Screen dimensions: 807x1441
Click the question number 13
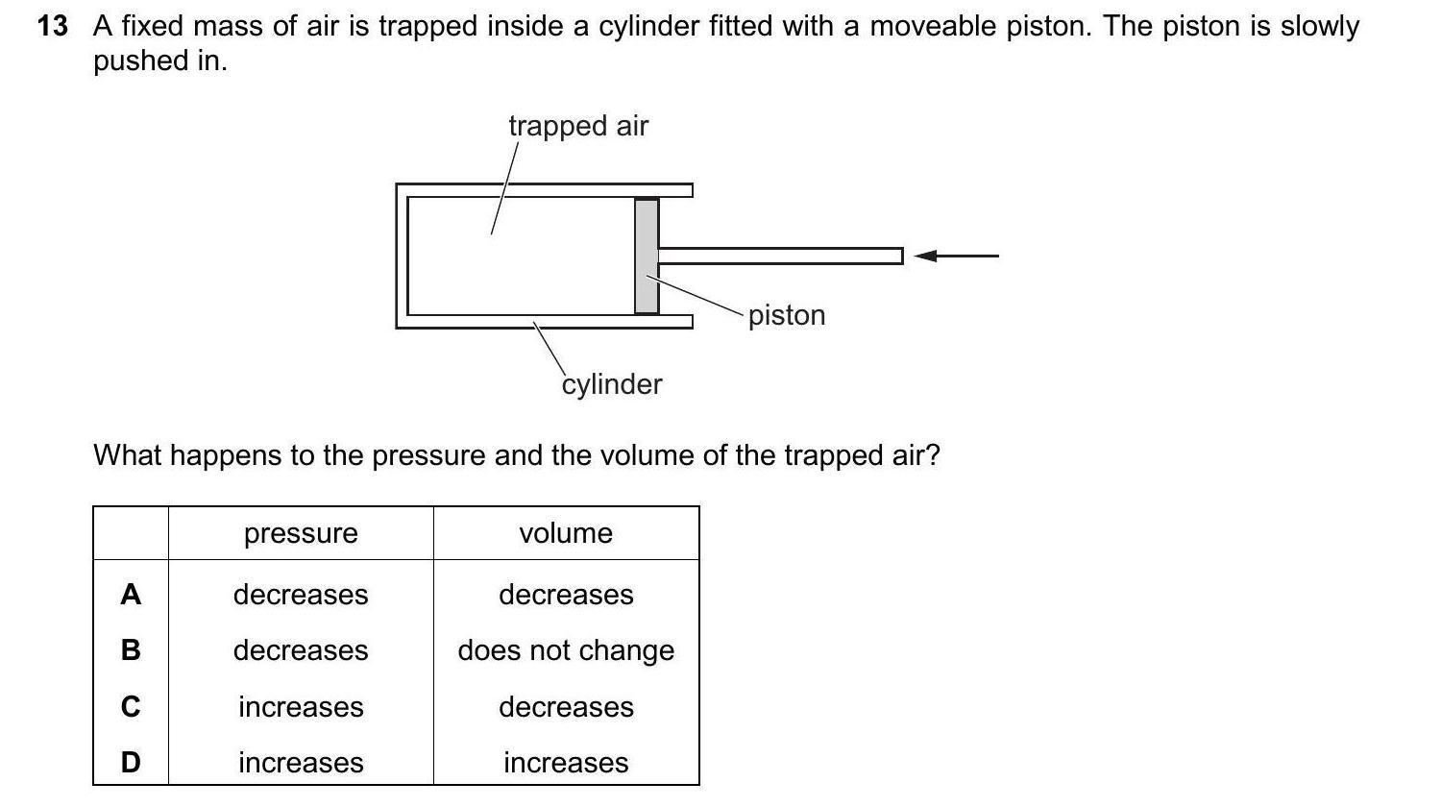(53, 26)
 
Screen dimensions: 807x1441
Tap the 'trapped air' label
(578, 126)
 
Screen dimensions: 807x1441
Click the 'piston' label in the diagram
(787, 315)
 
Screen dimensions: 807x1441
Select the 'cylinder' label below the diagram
(612, 384)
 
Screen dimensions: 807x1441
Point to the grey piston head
(647, 256)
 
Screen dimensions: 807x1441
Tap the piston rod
(779, 256)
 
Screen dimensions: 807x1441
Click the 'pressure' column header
(301, 533)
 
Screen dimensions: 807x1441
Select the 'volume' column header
(566, 533)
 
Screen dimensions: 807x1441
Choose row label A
(131, 595)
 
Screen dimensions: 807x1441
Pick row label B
(131, 650)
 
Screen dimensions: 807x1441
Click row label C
(131, 707)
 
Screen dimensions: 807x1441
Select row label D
(131, 763)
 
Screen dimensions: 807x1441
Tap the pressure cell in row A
(301, 595)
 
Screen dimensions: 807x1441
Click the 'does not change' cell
(566, 650)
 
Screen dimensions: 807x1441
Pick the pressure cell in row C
(301, 707)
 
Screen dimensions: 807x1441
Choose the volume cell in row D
(566, 763)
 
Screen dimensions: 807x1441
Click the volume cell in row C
(566, 707)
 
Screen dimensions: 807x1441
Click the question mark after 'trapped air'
(931, 454)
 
